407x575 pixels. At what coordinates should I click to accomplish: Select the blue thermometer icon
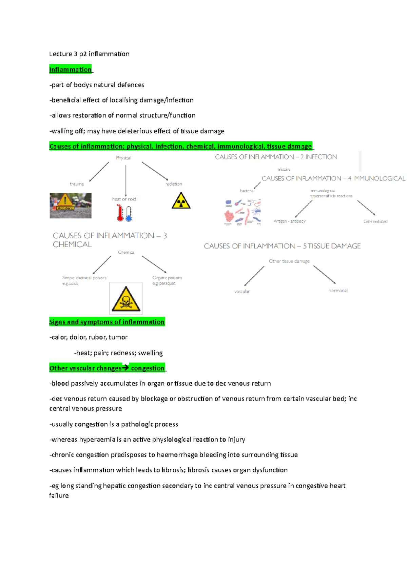[129, 214]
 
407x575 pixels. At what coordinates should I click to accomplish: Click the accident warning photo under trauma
[71, 206]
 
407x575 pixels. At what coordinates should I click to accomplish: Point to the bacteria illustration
[243, 212]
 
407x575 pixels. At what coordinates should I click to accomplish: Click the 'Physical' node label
[123, 158]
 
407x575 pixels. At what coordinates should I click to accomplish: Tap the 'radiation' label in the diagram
[174, 184]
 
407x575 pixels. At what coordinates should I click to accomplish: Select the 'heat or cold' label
[124, 199]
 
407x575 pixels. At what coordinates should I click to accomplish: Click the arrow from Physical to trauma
[99, 172]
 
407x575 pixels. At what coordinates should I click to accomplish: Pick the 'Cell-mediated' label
[375, 221]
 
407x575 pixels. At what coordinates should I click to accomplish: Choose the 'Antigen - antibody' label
[290, 221]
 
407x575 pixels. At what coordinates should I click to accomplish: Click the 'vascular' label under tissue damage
[242, 292]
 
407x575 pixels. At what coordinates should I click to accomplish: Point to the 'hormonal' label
[338, 291]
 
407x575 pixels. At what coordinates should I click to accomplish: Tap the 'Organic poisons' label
[167, 278]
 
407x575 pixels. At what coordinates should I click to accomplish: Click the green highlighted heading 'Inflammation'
[71, 70]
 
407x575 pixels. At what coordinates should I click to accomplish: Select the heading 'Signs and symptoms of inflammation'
[107, 322]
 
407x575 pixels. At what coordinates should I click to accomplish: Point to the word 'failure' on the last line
[59, 495]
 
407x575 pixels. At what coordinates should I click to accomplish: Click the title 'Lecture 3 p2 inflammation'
[89, 54]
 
